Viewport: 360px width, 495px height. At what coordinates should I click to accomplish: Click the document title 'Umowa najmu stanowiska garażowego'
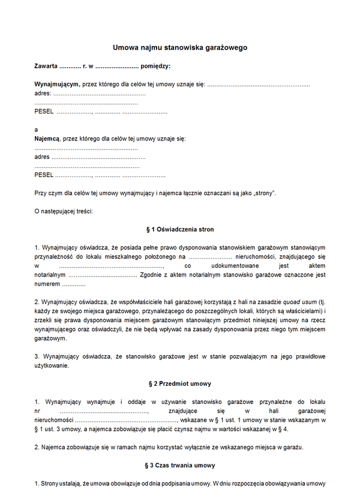pyautogui.click(x=180, y=47)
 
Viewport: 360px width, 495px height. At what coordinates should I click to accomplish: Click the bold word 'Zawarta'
pyautogui.click(x=46, y=66)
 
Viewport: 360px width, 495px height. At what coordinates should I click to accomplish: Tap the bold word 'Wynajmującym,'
pyautogui.click(x=57, y=85)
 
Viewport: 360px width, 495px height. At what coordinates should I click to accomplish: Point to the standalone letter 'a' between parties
pyautogui.click(x=37, y=130)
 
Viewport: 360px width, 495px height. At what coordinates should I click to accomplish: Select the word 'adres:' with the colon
pyautogui.click(x=43, y=94)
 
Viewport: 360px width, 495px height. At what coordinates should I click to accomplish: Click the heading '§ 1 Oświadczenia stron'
pyautogui.click(x=180, y=229)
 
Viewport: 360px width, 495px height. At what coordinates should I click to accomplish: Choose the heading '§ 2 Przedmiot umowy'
pyautogui.click(x=180, y=383)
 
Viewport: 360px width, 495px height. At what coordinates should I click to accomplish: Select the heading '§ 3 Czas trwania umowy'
pyautogui.click(x=180, y=465)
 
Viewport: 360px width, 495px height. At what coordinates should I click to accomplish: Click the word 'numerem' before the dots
pyautogui.click(x=47, y=284)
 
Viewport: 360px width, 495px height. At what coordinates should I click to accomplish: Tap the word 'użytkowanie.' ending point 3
pyautogui.click(x=52, y=365)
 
